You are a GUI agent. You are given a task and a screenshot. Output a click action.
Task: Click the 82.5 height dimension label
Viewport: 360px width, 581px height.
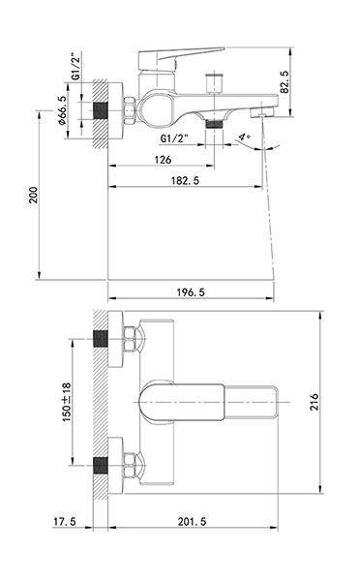click(x=285, y=82)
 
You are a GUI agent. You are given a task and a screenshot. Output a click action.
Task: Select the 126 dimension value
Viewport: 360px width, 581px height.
click(x=163, y=160)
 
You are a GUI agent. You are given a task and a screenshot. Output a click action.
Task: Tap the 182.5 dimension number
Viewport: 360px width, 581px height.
click(x=185, y=180)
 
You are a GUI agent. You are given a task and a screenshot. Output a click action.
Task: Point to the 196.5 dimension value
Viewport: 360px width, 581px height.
click(x=191, y=292)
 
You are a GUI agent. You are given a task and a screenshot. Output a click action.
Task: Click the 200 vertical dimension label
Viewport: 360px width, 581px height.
click(x=34, y=195)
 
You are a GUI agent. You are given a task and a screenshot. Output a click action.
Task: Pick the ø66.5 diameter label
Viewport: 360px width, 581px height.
click(x=62, y=110)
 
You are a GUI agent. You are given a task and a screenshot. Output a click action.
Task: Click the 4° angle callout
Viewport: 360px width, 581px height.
click(x=244, y=138)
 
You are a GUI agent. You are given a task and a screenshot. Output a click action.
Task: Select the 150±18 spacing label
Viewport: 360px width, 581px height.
click(x=67, y=402)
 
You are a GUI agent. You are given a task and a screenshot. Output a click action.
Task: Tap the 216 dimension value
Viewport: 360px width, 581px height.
click(x=315, y=402)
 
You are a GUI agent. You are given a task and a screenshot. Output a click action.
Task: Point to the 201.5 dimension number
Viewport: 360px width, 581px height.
click(x=192, y=521)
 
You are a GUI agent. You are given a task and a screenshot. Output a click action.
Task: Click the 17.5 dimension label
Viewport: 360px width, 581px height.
click(x=65, y=521)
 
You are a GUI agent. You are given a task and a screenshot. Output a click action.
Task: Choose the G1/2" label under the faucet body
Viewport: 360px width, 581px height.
click(x=174, y=138)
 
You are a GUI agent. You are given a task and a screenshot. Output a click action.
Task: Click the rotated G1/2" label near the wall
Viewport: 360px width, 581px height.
click(x=75, y=66)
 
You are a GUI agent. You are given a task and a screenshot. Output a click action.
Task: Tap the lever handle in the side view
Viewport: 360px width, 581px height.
click(x=181, y=57)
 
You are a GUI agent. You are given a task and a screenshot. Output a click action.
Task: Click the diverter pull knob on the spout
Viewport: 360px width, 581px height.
click(x=214, y=83)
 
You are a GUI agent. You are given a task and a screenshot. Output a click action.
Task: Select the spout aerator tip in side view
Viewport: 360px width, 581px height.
click(x=262, y=112)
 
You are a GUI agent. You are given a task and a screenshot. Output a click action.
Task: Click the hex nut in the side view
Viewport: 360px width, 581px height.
click(x=130, y=110)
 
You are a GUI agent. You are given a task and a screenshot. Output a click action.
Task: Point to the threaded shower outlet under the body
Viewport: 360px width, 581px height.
click(x=214, y=123)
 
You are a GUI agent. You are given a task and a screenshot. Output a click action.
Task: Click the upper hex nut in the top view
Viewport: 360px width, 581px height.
click(x=130, y=339)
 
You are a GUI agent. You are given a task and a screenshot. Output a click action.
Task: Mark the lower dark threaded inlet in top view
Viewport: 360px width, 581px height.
click(x=100, y=465)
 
